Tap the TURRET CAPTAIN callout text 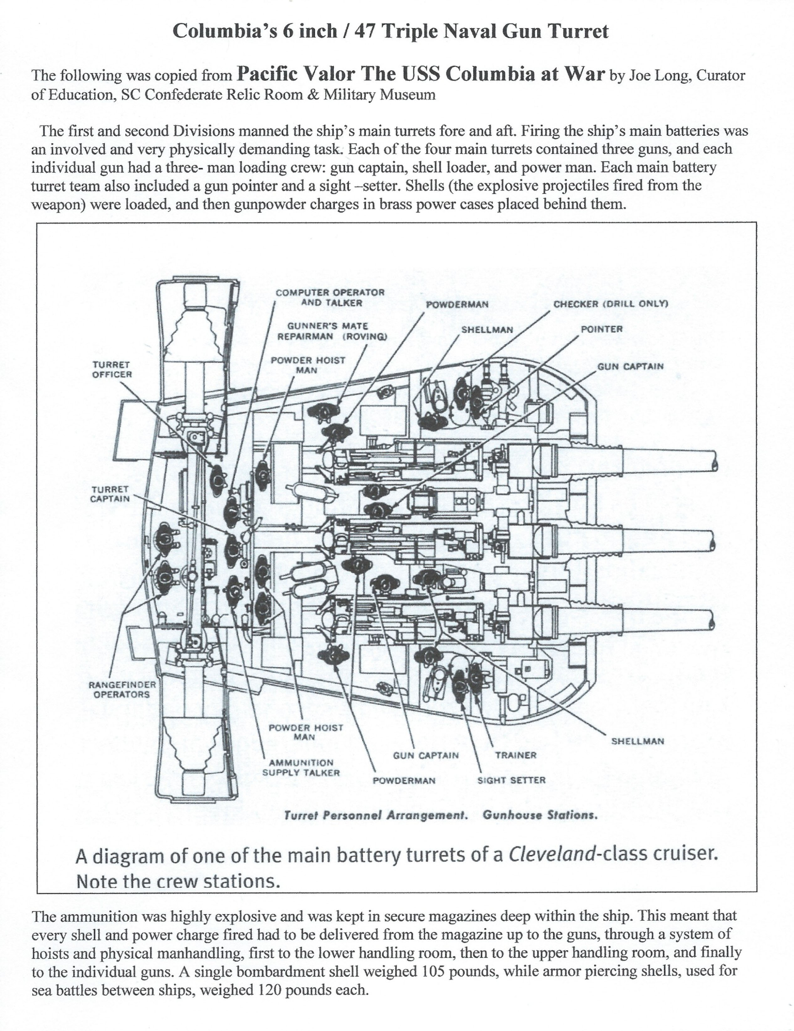(x=110, y=494)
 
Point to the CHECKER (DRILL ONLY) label (x=610, y=304)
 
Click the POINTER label (x=601, y=329)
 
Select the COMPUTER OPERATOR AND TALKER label (x=330, y=297)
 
